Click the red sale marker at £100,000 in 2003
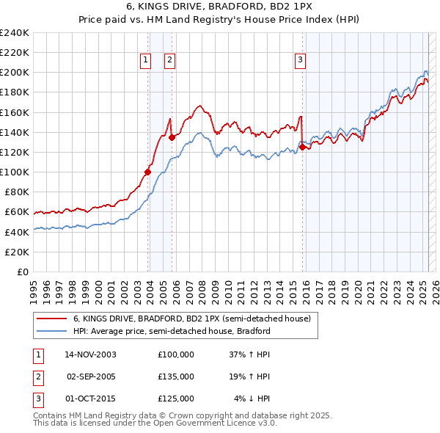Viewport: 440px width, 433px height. click(147, 172)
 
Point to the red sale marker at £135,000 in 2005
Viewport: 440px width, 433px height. click(172, 137)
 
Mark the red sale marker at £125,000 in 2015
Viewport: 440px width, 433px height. click(302, 147)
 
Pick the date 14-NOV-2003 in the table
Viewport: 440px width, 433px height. click(90, 354)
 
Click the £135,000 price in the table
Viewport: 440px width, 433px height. click(176, 376)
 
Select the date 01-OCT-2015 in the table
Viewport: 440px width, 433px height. click(91, 399)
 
